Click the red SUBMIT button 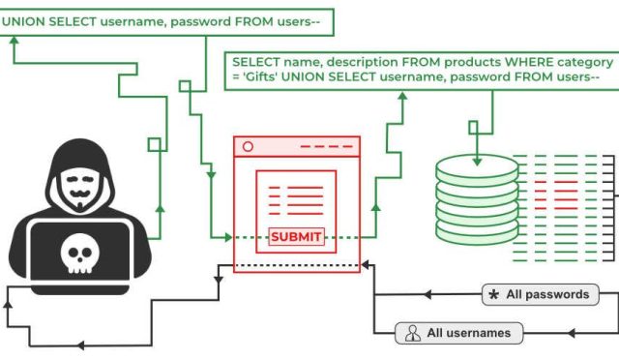pos(296,236)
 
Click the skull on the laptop pos(78,254)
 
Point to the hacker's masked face pos(78,185)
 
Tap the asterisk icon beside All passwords pos(494,294)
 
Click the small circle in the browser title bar pos(248,146)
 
